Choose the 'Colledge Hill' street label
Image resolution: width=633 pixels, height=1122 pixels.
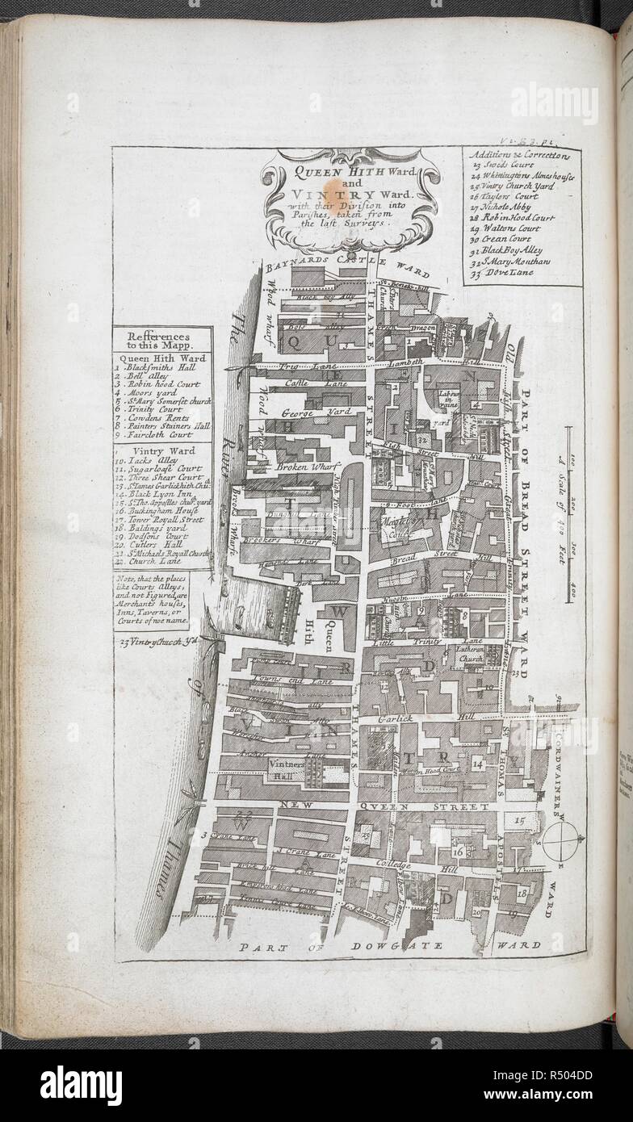(413, 865)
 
